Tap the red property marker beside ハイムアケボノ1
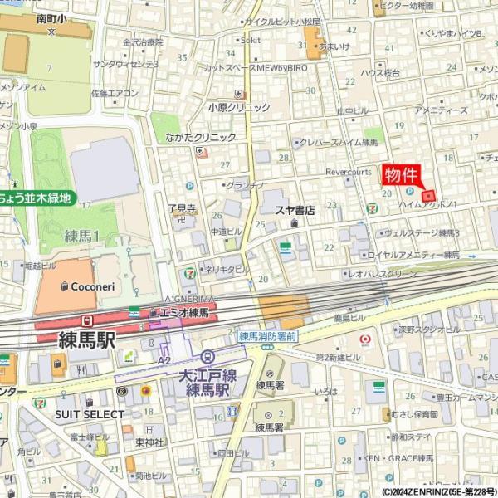point(429,196)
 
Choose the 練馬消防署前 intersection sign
point(267,336)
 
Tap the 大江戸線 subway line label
point(207,375)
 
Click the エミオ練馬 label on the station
point(183,312)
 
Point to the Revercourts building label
point(349,172)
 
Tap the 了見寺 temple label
point(182,208)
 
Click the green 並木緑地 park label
point(37,198)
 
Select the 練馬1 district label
point(82,237)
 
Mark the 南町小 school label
point(52,17)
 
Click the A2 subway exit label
point(164,360)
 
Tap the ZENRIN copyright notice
point(439,491)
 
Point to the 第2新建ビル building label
point(338,356)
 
